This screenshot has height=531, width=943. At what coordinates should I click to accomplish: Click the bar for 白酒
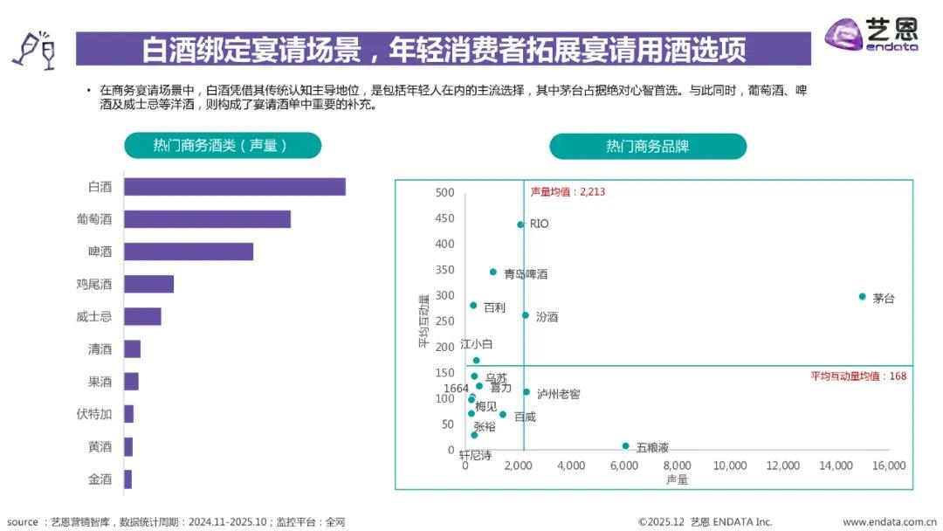234,187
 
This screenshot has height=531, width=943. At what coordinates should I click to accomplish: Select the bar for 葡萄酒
207,219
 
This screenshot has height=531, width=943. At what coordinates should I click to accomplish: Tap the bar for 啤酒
188,252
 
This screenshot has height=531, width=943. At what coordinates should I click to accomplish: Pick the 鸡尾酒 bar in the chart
148,284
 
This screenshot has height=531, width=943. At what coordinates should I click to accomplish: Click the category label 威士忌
94,317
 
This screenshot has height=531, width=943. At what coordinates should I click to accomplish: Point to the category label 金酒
100,479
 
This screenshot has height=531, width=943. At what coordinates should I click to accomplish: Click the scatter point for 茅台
862,297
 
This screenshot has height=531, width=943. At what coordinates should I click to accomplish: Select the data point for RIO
520,224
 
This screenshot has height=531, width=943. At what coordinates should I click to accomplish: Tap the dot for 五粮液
625,445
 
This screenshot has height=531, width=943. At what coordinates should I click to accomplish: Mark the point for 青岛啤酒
492,272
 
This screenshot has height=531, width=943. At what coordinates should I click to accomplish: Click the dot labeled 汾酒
526,315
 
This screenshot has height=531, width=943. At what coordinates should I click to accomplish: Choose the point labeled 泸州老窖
527,392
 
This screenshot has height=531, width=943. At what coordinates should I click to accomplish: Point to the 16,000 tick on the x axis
889,466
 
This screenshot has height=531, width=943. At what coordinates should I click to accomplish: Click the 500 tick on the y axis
445,193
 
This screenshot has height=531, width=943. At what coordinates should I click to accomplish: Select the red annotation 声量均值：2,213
568,191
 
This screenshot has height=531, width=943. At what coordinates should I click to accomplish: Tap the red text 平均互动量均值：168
858,376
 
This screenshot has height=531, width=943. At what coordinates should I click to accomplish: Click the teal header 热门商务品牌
647,146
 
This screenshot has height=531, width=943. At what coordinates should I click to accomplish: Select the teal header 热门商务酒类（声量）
222,145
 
